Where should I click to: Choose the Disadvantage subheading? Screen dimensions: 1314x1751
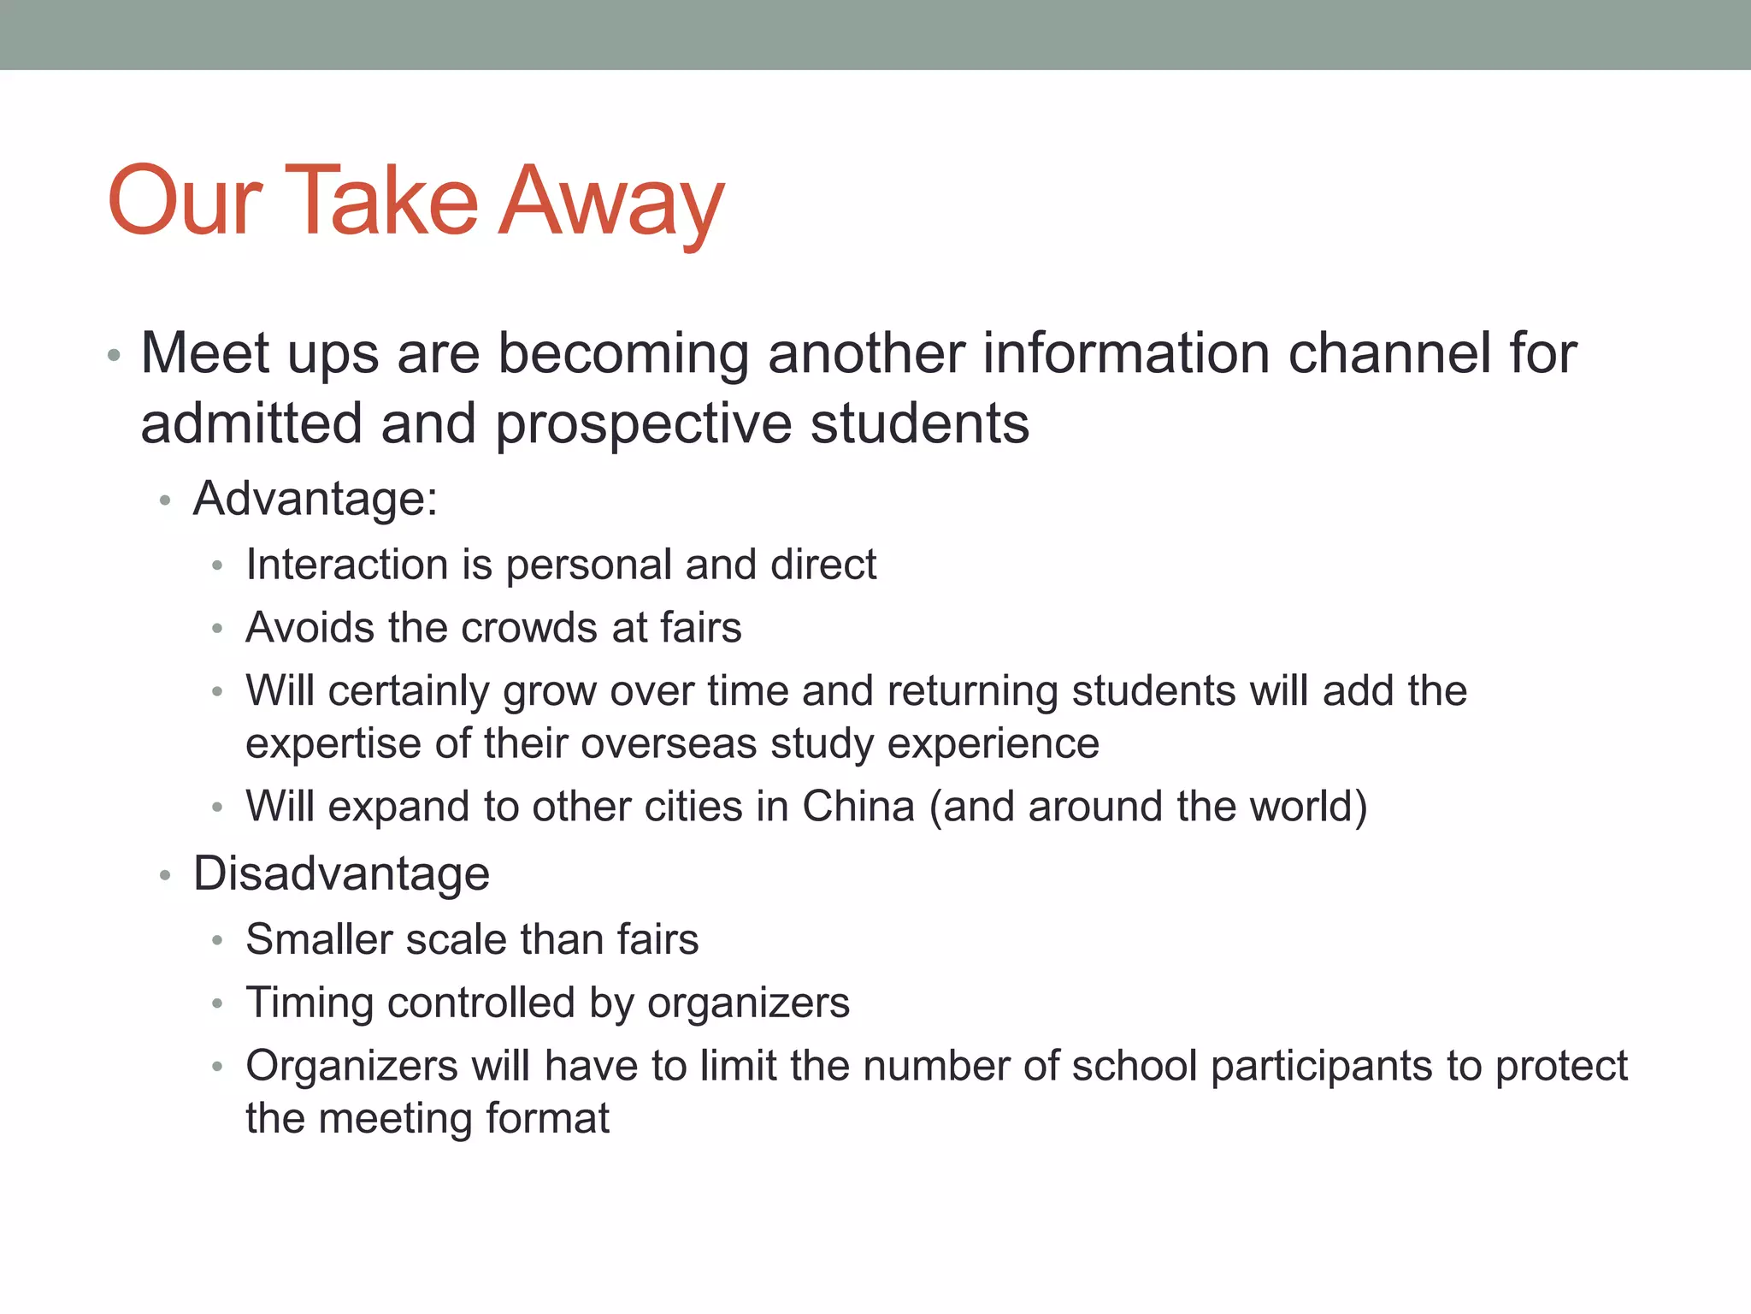point(341,873)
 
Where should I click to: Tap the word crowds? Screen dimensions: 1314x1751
point(529,628)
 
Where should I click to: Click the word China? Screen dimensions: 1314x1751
point(858,807)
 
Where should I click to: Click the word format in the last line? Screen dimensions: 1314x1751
point(547,1118)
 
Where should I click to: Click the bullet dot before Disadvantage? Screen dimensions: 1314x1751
point(165,875)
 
